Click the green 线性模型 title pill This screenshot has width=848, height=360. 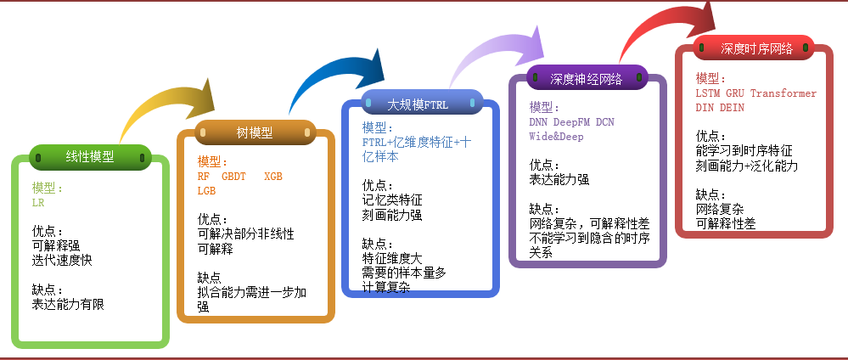pyautogui.click(x=89, y=156)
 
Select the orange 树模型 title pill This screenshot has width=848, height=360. pyautogui.click(x=255, y=132)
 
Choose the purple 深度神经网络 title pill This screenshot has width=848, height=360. pyautogui.click(x=587, y=79)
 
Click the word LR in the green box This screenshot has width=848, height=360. pyautogui.click(x=38, y=204)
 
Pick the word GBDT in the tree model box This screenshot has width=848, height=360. pyautogui.click(x=233, y=177)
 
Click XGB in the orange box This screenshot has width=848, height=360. pyautogui.click(x=273, y=177)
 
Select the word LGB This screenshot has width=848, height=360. pyautogui.click(x=207, y=191)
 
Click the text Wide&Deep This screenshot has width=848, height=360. pyautogui.click(x=557, y=136)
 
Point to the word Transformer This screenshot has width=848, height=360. pyautogui.click(x=783, y=93)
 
